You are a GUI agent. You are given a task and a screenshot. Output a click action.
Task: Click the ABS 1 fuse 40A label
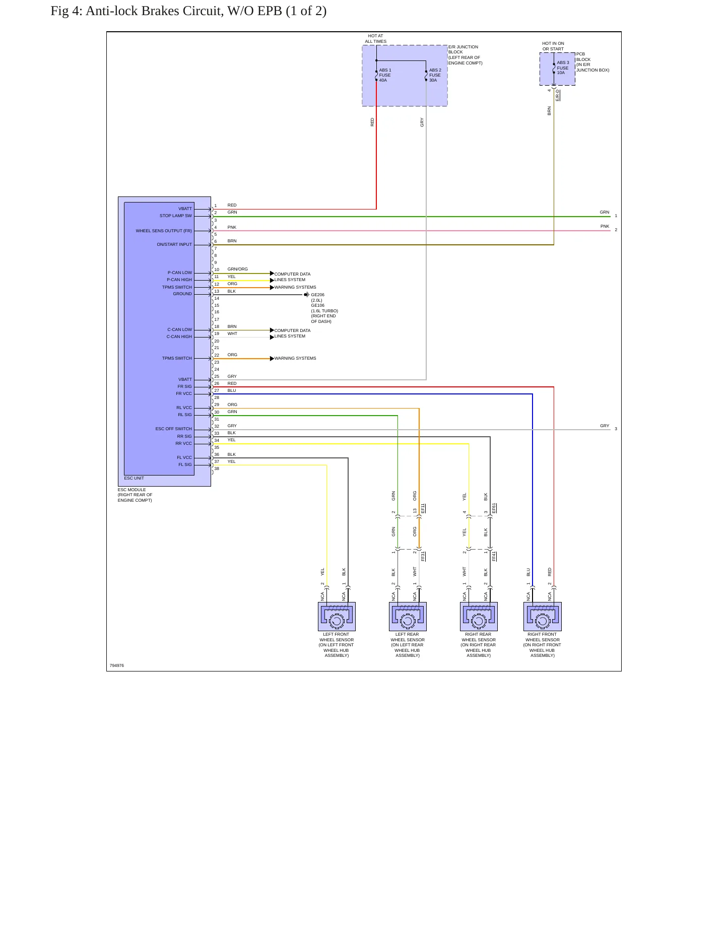point(385,75)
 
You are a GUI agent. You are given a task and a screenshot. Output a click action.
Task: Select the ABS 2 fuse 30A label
point(435,75)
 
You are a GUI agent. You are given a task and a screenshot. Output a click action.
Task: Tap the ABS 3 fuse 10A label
point(563,68)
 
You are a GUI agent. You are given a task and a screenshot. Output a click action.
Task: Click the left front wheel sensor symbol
point(337,616)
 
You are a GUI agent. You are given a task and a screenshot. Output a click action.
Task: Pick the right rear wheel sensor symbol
point(479,616)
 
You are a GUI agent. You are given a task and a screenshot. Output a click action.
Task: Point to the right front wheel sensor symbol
point(542,616)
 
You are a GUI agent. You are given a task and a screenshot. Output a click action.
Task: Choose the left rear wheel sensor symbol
point(408,616)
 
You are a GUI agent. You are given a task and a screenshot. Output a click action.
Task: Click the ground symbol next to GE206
point(306,295)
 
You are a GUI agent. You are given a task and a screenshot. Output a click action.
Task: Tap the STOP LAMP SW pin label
point(176,216)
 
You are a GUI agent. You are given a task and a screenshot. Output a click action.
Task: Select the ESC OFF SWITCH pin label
point(174,429)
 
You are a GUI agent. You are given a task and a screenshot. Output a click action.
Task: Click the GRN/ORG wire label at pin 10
point(238,269)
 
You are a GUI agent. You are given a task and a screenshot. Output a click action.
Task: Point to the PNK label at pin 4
point(232,227)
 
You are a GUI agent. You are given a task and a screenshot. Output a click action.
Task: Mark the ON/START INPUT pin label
point(174,244)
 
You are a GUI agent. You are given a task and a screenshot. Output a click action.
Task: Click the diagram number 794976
point(117,665)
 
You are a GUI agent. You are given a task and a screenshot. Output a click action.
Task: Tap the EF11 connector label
point(423,508)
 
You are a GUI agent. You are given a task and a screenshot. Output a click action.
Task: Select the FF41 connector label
point(494,556)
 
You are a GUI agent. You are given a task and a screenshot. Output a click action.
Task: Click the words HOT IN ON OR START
point(553,46)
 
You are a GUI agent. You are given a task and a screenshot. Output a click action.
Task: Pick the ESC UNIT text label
point(134,478)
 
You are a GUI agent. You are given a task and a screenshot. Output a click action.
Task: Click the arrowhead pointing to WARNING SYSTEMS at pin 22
point(272,359)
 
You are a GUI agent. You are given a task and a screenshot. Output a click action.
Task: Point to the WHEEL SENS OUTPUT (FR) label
point(164,231)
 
